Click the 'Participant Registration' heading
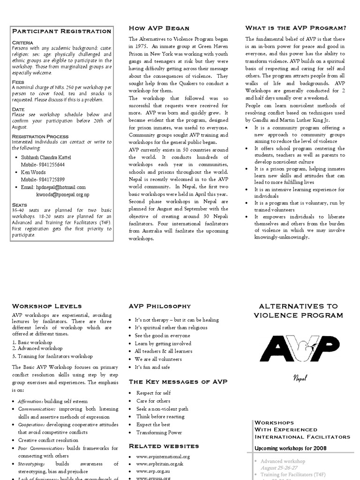point(61,31)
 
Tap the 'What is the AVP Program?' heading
point(296,28)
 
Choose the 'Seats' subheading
point(19,205)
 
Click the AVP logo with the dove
point(299,349)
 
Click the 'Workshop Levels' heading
point(47,306)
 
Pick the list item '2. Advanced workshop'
point(37,348)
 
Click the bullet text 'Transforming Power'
point(159,433)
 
